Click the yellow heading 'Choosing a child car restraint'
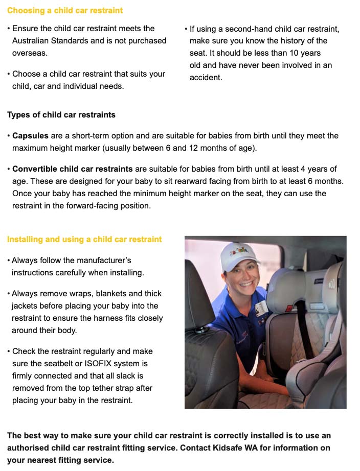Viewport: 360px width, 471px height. point(65,10)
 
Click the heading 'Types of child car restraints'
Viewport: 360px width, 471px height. point(61,114)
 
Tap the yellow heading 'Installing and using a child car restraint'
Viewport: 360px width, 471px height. point(84,239)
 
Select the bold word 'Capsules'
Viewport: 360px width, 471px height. point(30,136)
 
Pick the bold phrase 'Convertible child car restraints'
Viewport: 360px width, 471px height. point(72,169)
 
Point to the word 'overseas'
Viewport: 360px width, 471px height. point(29,53)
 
